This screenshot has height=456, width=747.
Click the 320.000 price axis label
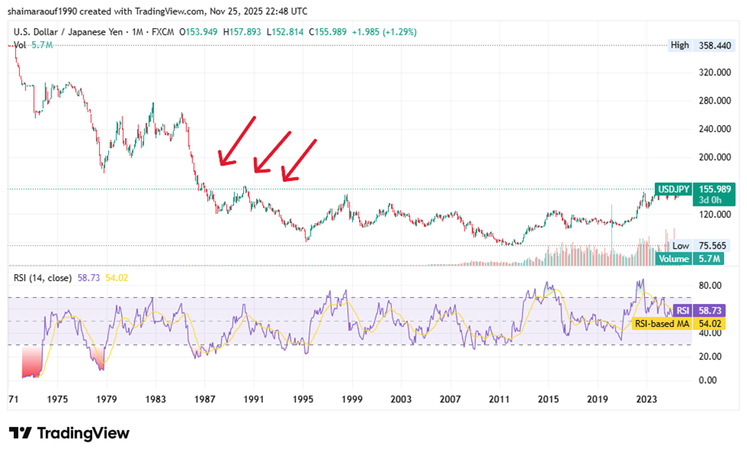click(712, 72)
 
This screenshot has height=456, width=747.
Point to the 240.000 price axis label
click(712, 129)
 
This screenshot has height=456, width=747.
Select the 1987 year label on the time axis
click(205, 399)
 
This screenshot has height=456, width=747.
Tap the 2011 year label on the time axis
click(499, 399)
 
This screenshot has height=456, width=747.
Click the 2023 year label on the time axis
click(646, 399)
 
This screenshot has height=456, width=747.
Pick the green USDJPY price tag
click(675, 189)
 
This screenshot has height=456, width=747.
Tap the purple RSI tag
click(682, 310)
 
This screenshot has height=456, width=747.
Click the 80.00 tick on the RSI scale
click(709, 286)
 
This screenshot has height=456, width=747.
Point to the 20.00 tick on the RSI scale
click(709, 356)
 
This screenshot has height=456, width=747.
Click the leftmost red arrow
click(237, 141)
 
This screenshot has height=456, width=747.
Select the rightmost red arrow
click(299, 161)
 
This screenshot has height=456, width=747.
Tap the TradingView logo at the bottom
click(69, 433)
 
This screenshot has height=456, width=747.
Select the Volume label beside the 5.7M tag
click(675, 259)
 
